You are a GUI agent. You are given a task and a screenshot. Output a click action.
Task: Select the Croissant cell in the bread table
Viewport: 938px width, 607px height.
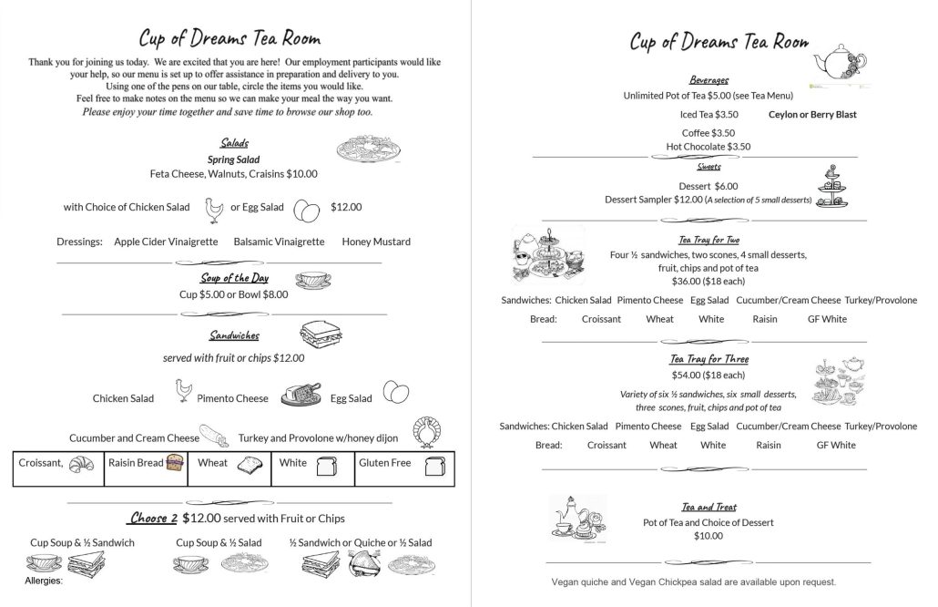click(x=56, y=464)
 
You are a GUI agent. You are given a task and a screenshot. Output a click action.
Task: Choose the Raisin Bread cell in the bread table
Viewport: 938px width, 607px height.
click(x=146, y=464)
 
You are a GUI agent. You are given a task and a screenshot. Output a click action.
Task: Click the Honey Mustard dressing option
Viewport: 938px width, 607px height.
click(x=376, y=242)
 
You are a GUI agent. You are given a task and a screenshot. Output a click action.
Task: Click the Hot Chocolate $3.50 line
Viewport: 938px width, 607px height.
click(x=708, y=147)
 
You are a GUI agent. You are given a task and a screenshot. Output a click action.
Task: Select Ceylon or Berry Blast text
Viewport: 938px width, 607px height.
click(x=812, y=115)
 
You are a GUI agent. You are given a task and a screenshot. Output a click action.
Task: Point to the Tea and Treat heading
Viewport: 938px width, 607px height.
click(x=709, y=507)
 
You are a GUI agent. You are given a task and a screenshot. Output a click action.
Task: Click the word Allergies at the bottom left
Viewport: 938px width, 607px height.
click(x=44, y=581)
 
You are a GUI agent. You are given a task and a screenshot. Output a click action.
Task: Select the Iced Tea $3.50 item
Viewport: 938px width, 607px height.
click(x=709, y=115)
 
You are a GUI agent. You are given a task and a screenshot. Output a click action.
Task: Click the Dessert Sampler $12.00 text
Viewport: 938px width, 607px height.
click(x=653, y=200)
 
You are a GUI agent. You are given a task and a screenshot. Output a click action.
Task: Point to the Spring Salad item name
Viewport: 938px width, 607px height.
click(x=234, y=159)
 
